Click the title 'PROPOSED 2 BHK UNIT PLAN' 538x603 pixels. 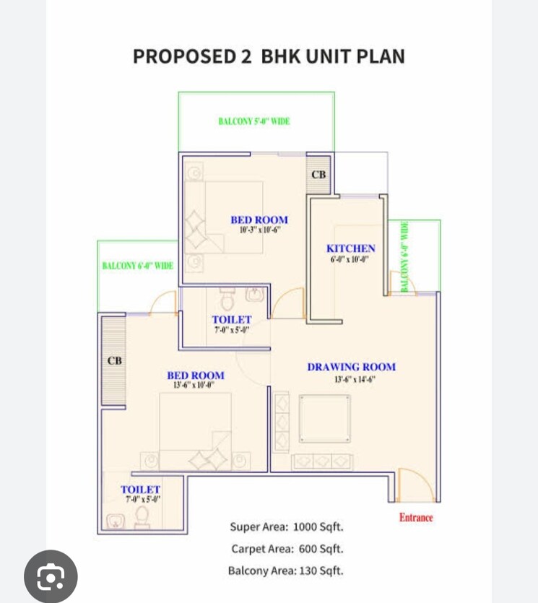(269, 56)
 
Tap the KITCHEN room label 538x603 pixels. (350, 248)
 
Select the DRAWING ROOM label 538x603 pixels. (351, 367)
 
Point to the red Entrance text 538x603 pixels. (416, 517)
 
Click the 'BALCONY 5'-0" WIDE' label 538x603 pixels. (253, 121)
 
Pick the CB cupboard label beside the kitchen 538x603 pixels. (318, 175)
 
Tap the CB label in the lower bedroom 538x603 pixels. (114, 360)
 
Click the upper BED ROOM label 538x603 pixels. (259, 220)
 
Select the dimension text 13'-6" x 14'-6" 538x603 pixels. (355, 379)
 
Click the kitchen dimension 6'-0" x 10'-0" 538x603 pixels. (350, 259)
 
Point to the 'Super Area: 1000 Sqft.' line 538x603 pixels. (286, 527)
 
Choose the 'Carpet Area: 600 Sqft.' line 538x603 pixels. (287, 549)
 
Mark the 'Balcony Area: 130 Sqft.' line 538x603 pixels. (285, 571)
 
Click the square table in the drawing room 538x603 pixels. (324, 418)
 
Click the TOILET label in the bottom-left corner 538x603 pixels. (140, 490)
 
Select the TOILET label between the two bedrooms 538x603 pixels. (231, 319)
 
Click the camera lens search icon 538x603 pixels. (51, 576)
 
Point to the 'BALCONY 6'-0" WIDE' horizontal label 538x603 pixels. (137, 266)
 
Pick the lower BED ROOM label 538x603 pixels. (195, 376)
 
